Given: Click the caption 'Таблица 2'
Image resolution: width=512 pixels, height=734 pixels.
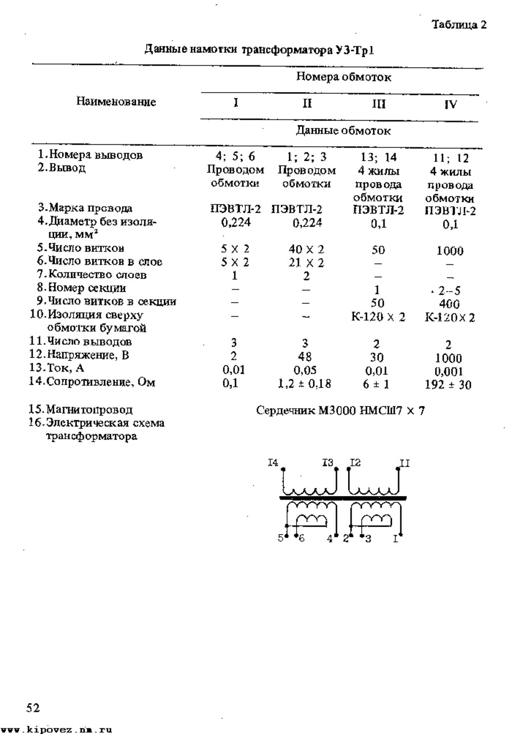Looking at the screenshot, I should pyautogui.click(x=459, y=24).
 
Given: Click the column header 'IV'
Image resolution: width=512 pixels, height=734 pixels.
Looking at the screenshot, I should pyautogui.click(x=450, y=105).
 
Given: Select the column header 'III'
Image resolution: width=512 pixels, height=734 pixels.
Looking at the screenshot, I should pyautogui.click(x=378, y=104).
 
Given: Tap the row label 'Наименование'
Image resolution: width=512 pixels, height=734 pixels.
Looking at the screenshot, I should pyautogui.click(x=116, y=102).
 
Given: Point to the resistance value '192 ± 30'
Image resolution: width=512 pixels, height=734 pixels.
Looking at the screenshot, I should pyautogui.click(x=448, y=385).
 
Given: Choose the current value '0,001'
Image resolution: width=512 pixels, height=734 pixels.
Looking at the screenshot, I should pyautogui.click(x=449, y=372).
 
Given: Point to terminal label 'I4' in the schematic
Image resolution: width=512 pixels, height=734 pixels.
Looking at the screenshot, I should pyautogui.click(x=273, y=464).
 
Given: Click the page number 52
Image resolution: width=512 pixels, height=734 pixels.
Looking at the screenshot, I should pyautogui.click(x=33, y=708).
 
